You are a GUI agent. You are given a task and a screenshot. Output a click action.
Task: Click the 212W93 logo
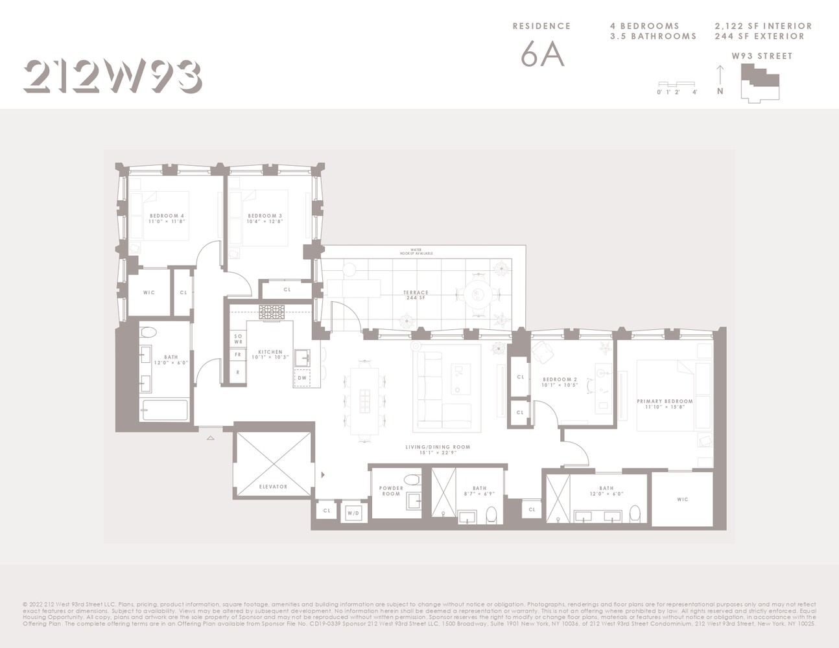tap(112, 76)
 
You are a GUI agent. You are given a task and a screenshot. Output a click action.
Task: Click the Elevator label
tap(272, 487)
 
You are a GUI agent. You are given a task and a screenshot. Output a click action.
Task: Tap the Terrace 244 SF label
tap(415, 295)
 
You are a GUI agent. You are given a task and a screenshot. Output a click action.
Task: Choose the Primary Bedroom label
tap(665, 404)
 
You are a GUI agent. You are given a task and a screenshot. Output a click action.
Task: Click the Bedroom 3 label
tap(265, 218)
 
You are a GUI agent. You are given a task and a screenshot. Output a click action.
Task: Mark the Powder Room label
tap(391, 491)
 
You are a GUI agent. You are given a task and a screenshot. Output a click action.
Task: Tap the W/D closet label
tap(353, 513)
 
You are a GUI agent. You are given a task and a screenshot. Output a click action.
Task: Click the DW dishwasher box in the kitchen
tap(302, 378)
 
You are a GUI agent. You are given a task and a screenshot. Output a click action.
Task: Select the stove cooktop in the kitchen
tap(272, 312)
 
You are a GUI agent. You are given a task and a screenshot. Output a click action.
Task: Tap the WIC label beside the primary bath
tap(682, 500)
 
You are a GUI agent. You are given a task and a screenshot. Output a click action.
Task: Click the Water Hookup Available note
tap(416, 251)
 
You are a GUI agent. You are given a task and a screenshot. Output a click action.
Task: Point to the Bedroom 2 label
tap(560, 382)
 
